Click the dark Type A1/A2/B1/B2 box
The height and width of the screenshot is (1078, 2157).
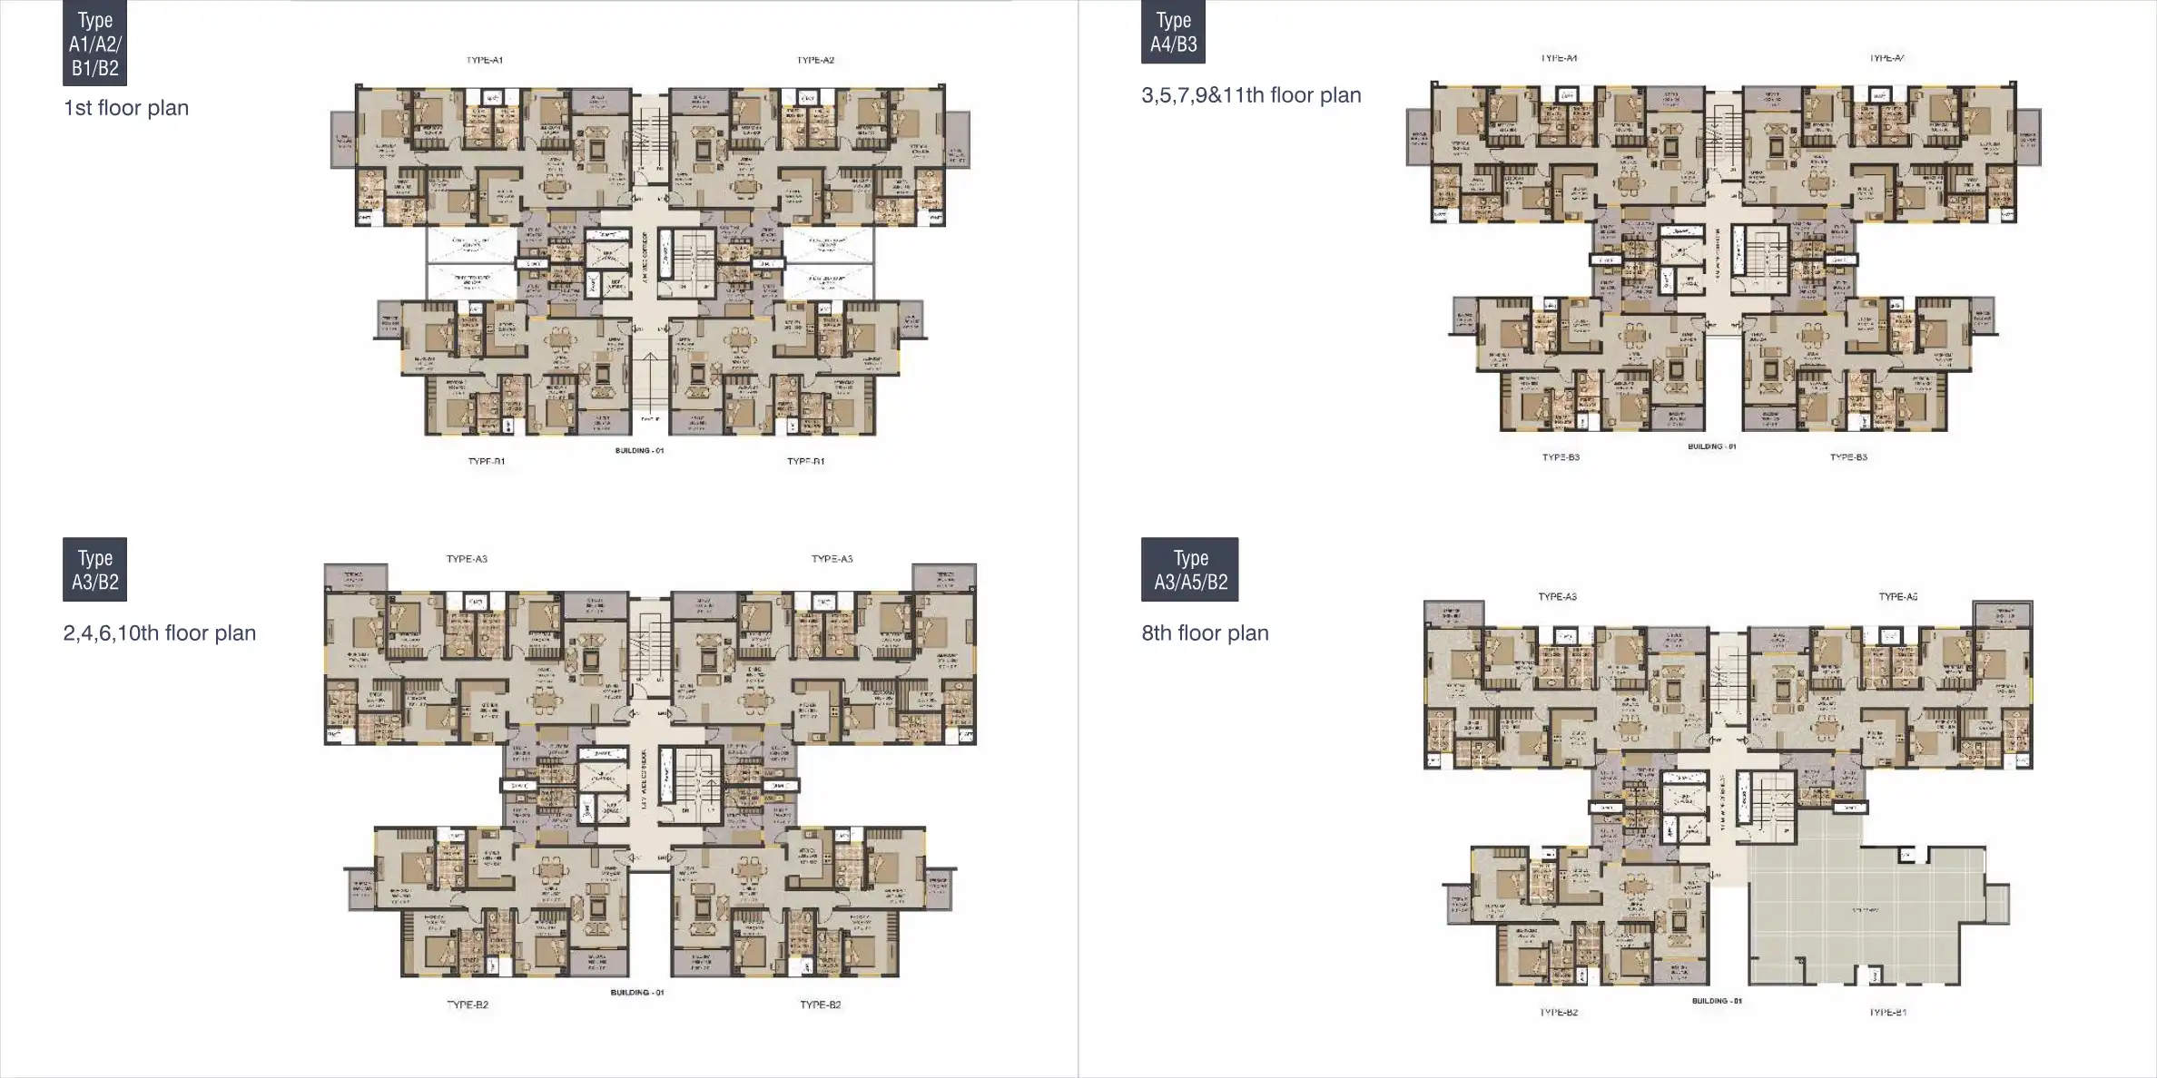(x=94, y=43)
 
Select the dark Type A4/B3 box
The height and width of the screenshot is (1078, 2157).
(x=1173, y=32)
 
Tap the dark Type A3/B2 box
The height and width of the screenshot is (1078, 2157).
(x=94, y=570)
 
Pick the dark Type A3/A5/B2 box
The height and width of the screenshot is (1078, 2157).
(x=1189, y=570)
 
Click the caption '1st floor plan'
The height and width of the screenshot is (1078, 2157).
(x=126, y=108)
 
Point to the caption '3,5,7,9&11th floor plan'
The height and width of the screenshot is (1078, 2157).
(x=1251, y=95)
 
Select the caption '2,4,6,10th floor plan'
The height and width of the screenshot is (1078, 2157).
(x=160, y=633)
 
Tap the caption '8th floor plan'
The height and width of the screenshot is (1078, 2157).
(x=1205, y=633)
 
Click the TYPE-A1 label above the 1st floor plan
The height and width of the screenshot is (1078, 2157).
(x=485, y=61)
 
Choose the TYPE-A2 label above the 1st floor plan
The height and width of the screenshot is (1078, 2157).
(x=815, y=61)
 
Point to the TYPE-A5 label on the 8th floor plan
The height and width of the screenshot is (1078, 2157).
(x=1897, y=597)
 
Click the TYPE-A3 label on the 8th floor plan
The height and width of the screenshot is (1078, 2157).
(x=1557, y=597)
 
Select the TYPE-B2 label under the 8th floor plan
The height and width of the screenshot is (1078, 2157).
(x=1558, y=1012)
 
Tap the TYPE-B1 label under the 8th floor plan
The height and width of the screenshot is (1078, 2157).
(x=1887, y=1012)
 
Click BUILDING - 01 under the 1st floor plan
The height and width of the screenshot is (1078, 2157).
(x=639, y=451)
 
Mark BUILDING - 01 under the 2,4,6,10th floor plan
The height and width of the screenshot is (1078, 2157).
(x=637, y=993)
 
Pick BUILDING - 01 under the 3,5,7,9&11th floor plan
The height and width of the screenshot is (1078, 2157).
(x=1712, y=446)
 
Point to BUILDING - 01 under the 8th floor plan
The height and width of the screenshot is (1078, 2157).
(x=1717, y=1001)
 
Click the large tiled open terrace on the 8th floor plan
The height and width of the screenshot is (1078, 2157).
(x=1861, y=916)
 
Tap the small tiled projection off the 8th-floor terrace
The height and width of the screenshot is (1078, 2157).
(x=1997, y=904)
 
